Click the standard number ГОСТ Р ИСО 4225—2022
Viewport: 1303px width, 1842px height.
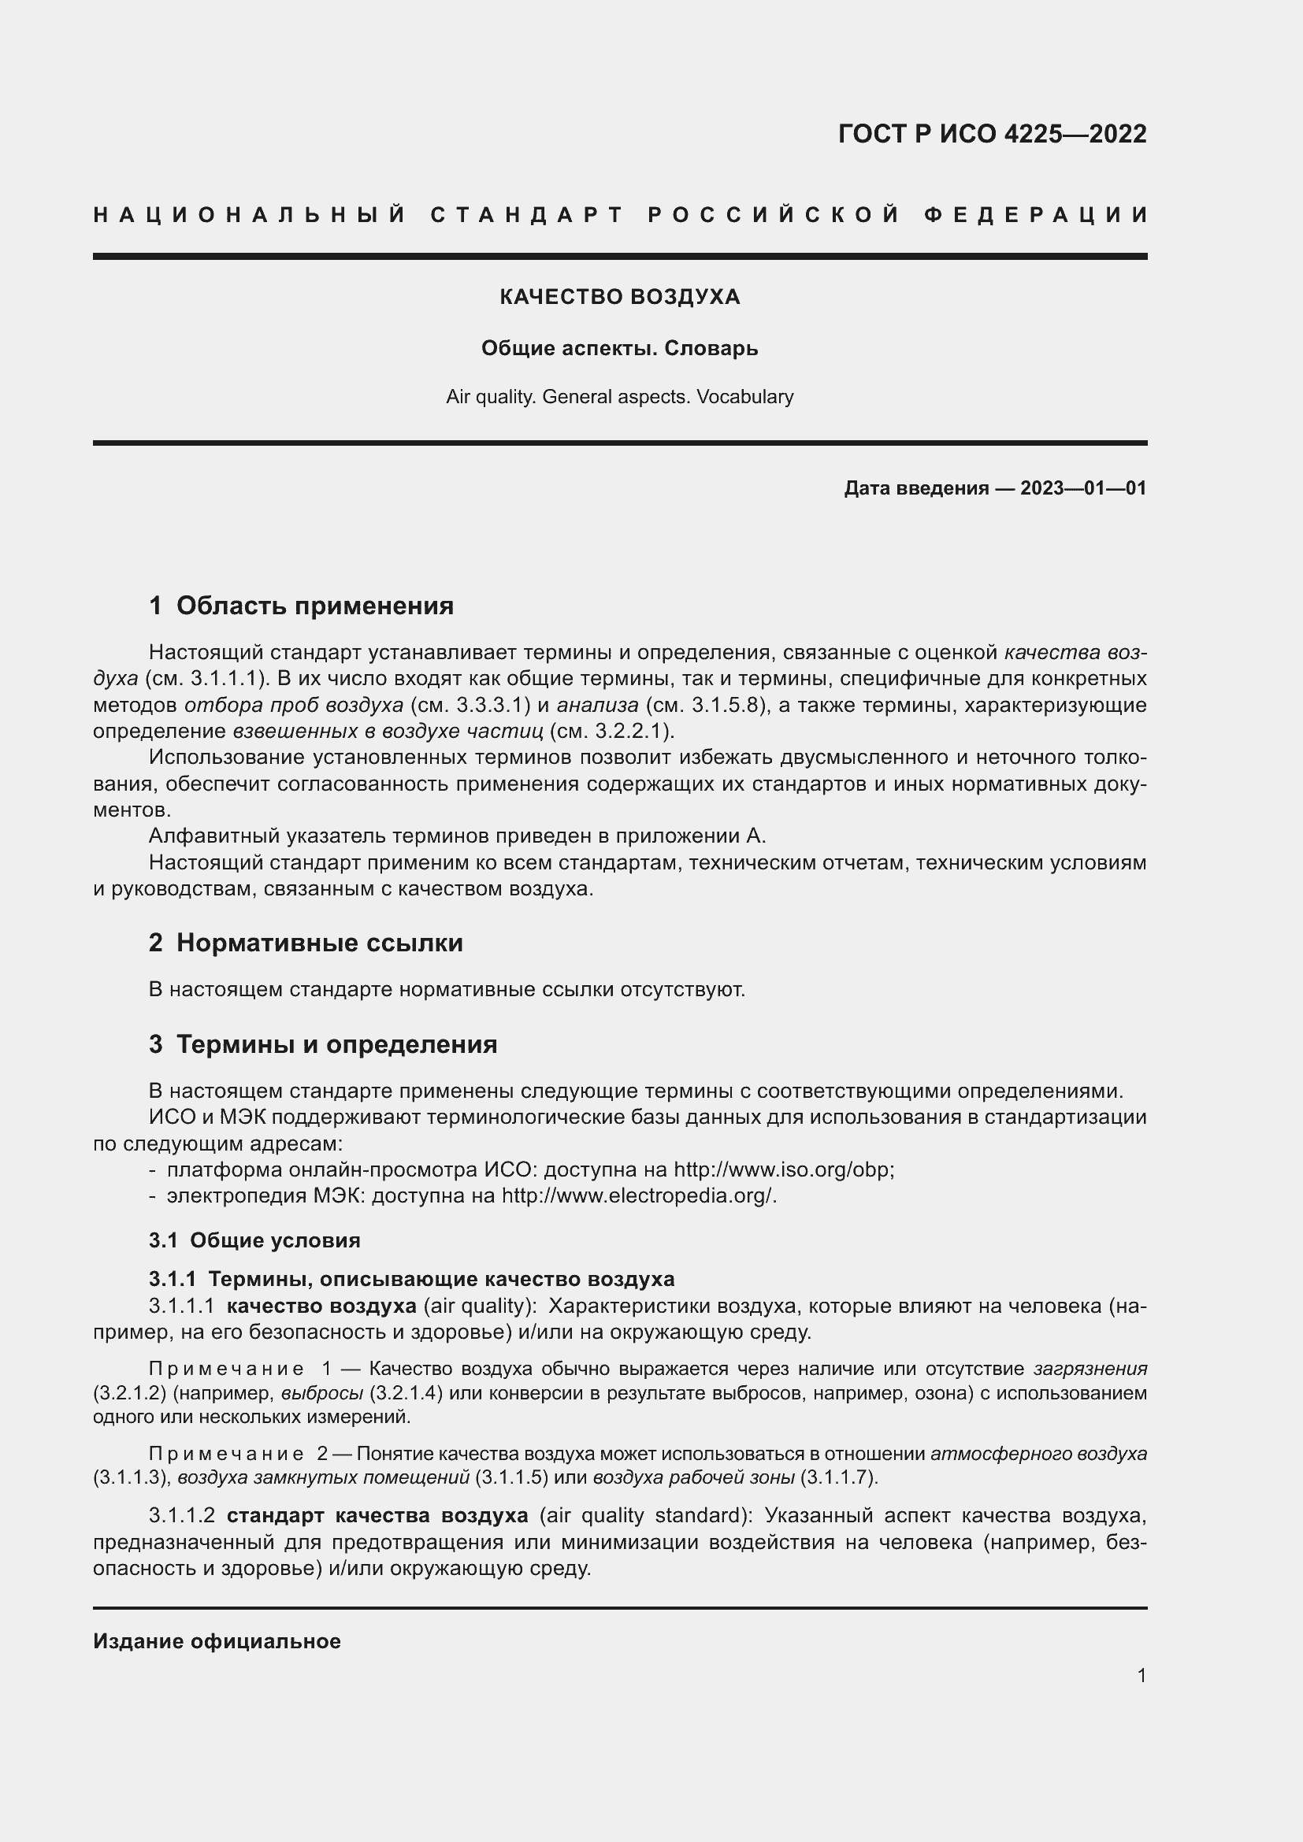(x=992, y=134)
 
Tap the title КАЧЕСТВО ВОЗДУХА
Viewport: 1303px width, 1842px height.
(x=619, y=297)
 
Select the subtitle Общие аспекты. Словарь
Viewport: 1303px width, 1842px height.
(x=619, y=348)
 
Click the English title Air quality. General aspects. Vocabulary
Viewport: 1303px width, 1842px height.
(x=619, y=397)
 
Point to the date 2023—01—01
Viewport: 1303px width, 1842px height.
(x=1082, y=487)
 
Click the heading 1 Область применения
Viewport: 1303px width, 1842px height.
(x=301, y=606)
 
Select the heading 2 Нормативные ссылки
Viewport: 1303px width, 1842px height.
(x=306, y=943)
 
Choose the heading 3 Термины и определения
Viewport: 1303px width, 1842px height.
(x=322, y=1044)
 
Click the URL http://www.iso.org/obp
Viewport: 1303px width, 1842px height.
(x=782, y=1169)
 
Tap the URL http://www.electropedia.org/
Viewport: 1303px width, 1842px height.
(x=638, y=1196)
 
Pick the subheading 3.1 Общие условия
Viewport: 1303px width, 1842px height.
(x=254, y=1240)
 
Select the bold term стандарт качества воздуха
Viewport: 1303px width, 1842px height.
(x=377, y=1515)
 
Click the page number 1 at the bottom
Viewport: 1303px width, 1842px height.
(x=1142, y=1675)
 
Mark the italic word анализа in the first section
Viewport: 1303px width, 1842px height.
(x=598, y=705)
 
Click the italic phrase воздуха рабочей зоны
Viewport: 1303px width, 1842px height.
(x=694, y=1477)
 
